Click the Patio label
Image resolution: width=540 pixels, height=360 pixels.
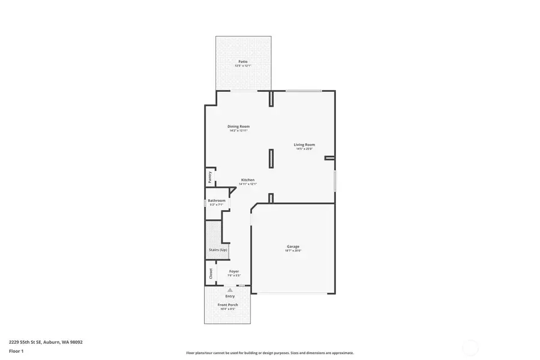point(243,61)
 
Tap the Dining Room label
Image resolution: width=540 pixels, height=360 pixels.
point(238,127)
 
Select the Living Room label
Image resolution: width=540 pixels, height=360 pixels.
point(304,145)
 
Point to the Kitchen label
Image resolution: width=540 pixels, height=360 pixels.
point(248,180)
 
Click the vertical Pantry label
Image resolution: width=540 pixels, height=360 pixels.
point(210,177)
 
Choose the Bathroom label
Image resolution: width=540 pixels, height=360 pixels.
point(216,200)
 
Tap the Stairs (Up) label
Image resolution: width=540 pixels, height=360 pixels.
point(218,250)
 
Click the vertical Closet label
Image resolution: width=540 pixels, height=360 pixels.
point(211,273)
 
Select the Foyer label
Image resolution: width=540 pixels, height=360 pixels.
point(234,271)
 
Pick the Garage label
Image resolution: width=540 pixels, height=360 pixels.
point(293,246)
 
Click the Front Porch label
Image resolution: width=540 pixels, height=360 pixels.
point(227,305)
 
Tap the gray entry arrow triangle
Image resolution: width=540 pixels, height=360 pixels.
point(230,290)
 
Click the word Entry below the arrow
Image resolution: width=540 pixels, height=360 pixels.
point(230,296)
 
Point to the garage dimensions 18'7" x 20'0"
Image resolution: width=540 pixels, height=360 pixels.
point(293,251)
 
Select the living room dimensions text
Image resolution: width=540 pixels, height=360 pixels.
point(304,149)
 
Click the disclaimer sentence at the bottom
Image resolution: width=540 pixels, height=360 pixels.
point(270,353)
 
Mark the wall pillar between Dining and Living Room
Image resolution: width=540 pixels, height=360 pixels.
point(271,158)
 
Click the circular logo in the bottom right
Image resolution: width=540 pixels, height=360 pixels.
point(470,347)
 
